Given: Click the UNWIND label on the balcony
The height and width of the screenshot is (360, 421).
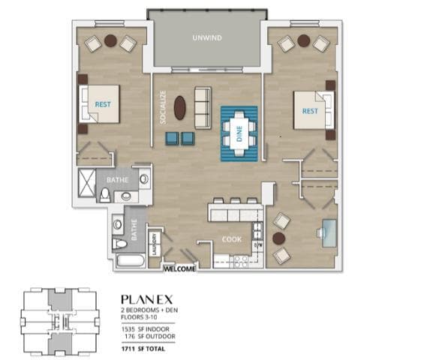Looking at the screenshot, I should coord(206,38).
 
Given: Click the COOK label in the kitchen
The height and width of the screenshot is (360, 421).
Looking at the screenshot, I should coord(230,240).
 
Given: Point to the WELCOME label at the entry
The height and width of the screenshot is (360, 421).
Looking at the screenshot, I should coord(179,268).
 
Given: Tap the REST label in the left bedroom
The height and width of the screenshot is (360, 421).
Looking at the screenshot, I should coord(102,106).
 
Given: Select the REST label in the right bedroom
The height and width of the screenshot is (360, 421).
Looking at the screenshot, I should coord(310,111).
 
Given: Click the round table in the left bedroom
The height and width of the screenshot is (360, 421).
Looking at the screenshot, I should coord(110,40).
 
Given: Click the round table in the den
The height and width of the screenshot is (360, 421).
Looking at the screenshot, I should coord(279,238).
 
